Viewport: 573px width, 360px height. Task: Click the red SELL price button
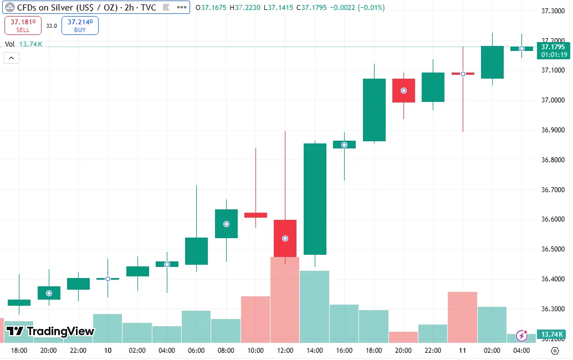[x=23, y=25]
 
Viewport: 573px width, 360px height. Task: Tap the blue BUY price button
[x=80, y=25]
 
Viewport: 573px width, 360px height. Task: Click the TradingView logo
[x=50, y=331]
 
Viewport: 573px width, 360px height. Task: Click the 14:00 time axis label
[x=314, y=351]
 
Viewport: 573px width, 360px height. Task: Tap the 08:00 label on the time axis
[x=226, y=351]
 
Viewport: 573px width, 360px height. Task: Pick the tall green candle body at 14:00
[x=315, y=198]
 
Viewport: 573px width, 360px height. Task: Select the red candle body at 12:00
[x=285, y=238]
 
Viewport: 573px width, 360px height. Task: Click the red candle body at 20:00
[x=403, y=90]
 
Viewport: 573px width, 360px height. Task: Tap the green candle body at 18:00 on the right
[x=374, y=110]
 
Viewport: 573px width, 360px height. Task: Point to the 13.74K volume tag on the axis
[x=552, y=335]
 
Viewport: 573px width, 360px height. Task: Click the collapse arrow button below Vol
[x=11, y=58]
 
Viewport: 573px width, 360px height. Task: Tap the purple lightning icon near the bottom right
[x=521, y=335]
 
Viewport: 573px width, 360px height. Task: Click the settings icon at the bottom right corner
[x=555, y=351]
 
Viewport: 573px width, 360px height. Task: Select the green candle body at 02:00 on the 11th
[x=492, y=62]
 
